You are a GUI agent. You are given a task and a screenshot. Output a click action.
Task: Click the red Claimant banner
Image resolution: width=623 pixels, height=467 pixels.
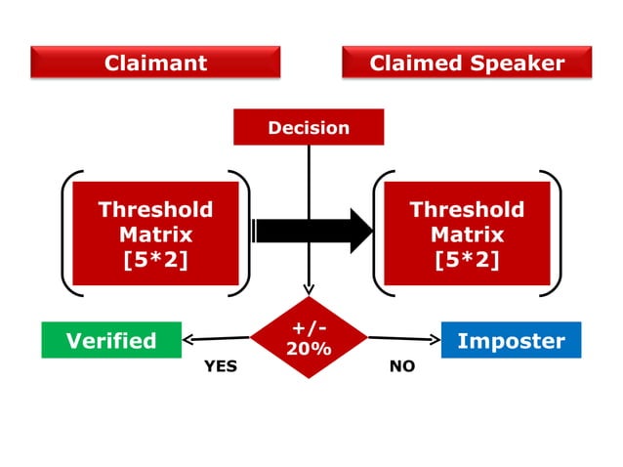pos(155,63)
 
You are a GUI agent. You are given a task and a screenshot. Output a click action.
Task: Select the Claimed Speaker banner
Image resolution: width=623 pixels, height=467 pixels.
pos(467,63)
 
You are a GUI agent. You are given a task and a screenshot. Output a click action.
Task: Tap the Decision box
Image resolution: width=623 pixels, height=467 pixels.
pos(309,127)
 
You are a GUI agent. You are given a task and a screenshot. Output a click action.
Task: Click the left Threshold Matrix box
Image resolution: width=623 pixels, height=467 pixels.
pos(155,233)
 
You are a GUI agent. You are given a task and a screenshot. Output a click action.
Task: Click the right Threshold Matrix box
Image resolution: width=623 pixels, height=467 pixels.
pos(466,233)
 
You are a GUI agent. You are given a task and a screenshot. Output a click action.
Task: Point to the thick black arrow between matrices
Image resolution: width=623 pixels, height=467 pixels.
pos(312,232)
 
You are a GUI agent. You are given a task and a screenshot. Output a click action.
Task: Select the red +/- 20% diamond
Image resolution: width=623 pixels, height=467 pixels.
pos(309,337)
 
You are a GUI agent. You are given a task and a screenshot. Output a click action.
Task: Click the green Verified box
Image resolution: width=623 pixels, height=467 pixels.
pos(110,340)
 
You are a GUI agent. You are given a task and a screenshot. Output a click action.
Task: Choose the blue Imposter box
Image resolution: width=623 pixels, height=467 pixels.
pos(511,340)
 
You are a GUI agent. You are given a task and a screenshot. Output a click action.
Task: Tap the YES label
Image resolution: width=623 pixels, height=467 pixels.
pos(220,366)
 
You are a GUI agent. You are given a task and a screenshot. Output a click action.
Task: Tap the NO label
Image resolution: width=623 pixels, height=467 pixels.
pos(401,366)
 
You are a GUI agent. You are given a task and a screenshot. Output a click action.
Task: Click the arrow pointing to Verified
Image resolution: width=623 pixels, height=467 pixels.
pos(217,340)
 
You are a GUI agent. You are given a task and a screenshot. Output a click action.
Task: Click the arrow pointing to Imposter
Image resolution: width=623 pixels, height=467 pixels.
pos(403,340)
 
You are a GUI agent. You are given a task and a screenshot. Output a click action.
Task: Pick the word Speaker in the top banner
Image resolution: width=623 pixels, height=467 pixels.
pos(518,63)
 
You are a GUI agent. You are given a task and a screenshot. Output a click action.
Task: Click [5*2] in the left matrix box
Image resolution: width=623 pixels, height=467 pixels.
pos(155,261)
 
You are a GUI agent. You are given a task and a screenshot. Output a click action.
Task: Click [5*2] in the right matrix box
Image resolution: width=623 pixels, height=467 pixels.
pos(466,261)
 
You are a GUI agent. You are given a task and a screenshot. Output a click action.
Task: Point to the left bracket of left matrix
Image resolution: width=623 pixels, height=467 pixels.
pos(66,233)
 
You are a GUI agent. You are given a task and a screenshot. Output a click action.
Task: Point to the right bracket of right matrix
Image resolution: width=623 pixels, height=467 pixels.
pos(557,233)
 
